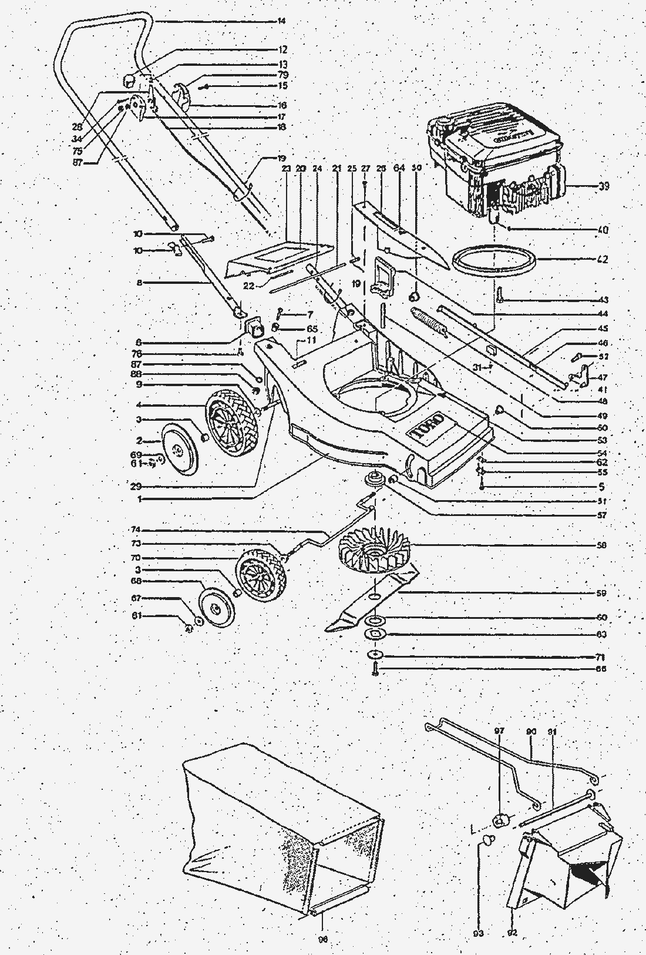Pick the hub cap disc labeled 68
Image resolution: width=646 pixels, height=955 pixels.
tap(218, 605)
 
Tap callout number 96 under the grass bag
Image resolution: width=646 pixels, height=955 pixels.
tap(322, 939)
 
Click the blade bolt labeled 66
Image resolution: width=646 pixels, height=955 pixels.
tap(375, 668)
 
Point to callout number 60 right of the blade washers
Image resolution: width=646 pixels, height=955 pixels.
tap(602, 618)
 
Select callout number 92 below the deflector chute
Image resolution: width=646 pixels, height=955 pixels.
tap(512, 932)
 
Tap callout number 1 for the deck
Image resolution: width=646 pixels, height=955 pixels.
tap(140, 500)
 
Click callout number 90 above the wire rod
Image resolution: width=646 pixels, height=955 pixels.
tap(531, 731)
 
